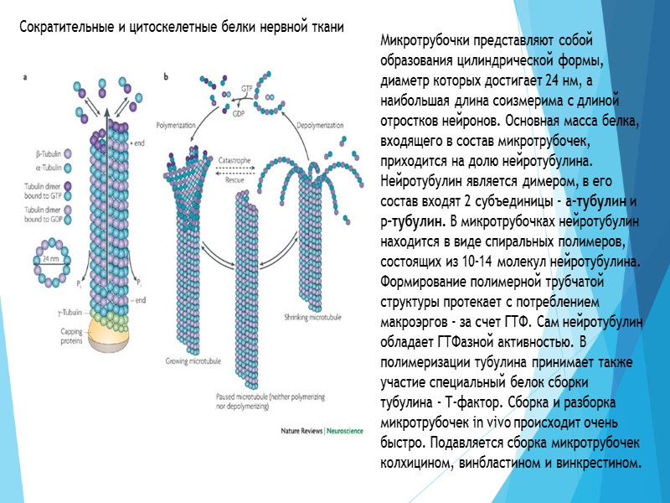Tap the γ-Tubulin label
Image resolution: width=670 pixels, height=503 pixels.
coord(47,310)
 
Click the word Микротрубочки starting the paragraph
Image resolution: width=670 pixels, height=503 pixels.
coord(420,41)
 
